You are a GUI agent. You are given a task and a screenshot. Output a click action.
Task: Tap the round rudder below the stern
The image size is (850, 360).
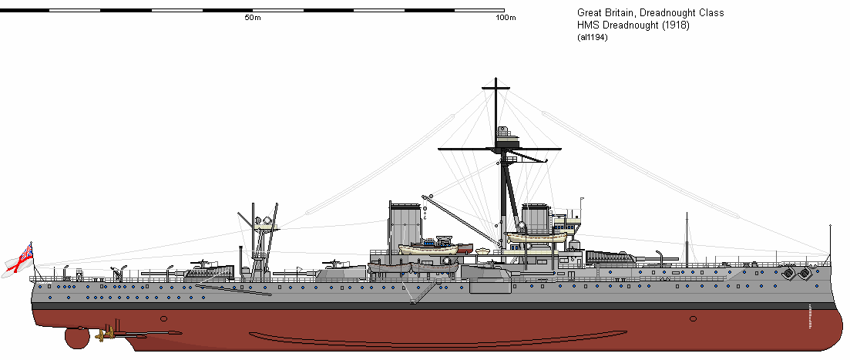(x=76, y=338)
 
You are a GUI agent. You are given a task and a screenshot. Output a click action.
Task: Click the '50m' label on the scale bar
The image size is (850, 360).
(x=251, y=18)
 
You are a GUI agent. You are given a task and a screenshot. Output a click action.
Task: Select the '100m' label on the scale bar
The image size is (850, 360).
(x=506, y=18)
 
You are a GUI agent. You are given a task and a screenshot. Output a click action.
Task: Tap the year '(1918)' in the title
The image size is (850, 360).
(x=674, y=25)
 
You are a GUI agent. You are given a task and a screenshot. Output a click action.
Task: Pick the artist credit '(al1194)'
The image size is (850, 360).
(x=592, y=38)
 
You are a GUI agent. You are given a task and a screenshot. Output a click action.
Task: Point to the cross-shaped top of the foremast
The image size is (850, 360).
(x=494, y=94)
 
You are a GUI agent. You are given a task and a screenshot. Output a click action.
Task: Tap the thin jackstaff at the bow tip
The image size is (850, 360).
(x=830, y=243)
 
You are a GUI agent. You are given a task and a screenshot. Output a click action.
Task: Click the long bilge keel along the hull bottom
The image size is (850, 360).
(x=385, y=338)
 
